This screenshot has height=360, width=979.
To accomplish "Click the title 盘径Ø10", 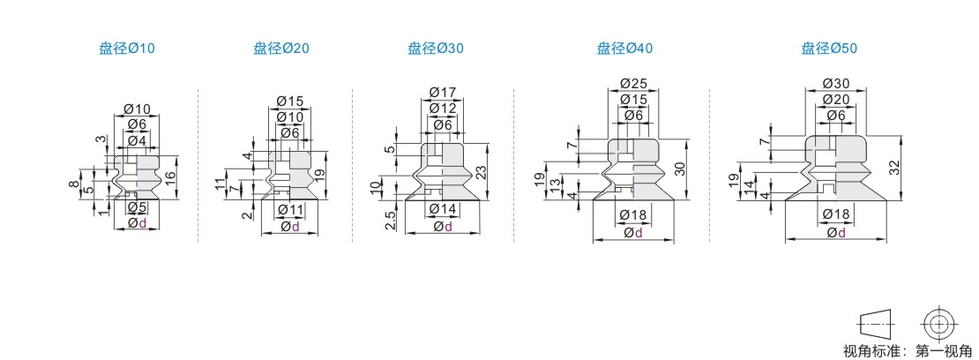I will [126, 49].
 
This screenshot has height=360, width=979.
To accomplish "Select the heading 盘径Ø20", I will [280, 49].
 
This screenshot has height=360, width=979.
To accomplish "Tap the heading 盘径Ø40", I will [624, 49].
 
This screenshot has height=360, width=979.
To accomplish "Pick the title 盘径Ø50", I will [828, 49].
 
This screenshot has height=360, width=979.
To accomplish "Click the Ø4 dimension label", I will [137, 140].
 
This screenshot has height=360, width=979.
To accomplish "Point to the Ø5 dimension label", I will [137, 207].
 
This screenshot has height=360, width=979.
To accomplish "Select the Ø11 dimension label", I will [290, 209].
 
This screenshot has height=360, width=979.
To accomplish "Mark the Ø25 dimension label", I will [633, 84].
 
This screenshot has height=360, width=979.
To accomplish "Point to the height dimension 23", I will [481, 173].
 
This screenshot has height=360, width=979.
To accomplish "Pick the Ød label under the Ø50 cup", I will [835, 233].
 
